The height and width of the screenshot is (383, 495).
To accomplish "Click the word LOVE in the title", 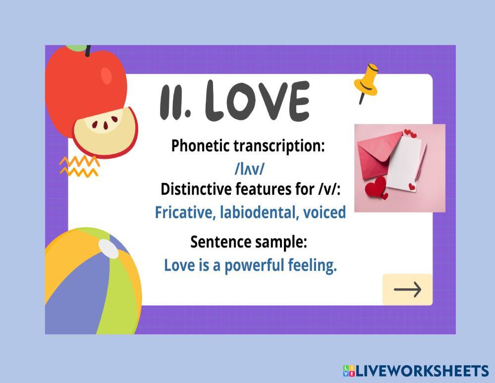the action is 258,101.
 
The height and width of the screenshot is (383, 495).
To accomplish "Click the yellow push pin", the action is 366,83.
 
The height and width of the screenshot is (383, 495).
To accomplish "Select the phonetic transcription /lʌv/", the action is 249,169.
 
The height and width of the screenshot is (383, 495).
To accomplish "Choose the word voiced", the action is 324,212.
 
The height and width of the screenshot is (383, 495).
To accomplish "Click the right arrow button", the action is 407,289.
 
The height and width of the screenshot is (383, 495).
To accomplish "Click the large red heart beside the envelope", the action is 376,187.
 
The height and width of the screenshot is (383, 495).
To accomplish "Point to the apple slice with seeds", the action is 105,132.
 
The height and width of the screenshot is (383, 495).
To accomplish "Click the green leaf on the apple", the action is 76,48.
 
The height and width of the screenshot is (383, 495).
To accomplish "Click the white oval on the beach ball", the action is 109,249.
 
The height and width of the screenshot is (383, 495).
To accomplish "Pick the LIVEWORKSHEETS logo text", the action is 422,371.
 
